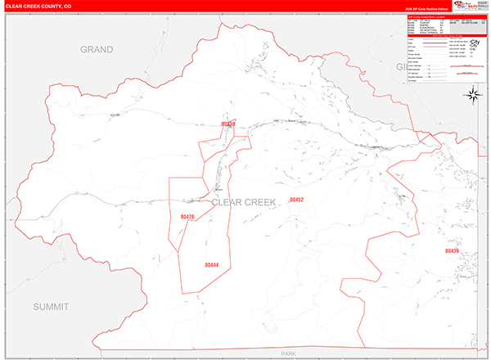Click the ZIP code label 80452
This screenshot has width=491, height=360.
click(296, 200)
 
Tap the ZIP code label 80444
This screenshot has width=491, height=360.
click(212, 264)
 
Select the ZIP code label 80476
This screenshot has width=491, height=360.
click(187, 217)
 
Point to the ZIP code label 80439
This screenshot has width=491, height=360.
click(453, 250)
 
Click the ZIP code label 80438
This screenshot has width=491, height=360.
click(227, 124)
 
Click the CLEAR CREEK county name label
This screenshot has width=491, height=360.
click(244, 200)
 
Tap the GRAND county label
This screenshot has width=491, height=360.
click(96, 50)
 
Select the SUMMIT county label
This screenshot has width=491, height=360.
click(52, 305)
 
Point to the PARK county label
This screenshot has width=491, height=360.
click(287, 353)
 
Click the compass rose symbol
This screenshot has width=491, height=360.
click(474, 95)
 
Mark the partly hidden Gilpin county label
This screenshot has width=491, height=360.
click(390, 65)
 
